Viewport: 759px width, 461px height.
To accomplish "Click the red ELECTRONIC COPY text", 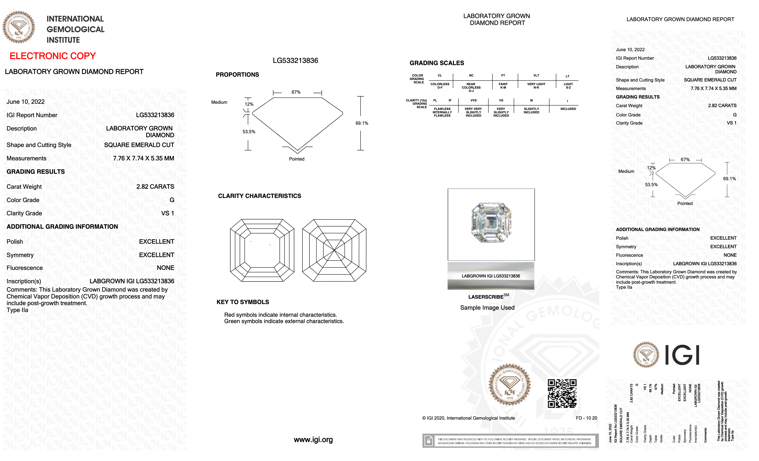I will click(x=53, y=56).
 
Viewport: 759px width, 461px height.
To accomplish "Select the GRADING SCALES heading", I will click(x=436, y=63).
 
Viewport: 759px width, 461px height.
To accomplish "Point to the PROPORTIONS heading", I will click(x=237, y=74).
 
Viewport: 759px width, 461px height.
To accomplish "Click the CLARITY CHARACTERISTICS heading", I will click(x=259, y=196).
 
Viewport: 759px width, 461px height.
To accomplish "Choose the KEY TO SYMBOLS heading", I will click(x=243, y=302).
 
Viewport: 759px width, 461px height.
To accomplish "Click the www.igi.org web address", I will click(x=313, y=440).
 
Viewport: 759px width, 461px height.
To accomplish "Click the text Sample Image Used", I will click(x=487, y=308).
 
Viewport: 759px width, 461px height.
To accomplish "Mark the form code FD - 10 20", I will click(x=586, y=418).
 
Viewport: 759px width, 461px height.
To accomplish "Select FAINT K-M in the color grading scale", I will click(x=503, y=86).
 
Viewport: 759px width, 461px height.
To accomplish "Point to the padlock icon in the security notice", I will click(x=428, y=441).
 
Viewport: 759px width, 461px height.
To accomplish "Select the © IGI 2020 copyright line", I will click(x=468, y=418).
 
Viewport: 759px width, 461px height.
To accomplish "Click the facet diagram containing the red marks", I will click(x=262, y=250).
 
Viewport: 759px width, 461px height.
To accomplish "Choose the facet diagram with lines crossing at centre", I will click(x=334, y=250).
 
